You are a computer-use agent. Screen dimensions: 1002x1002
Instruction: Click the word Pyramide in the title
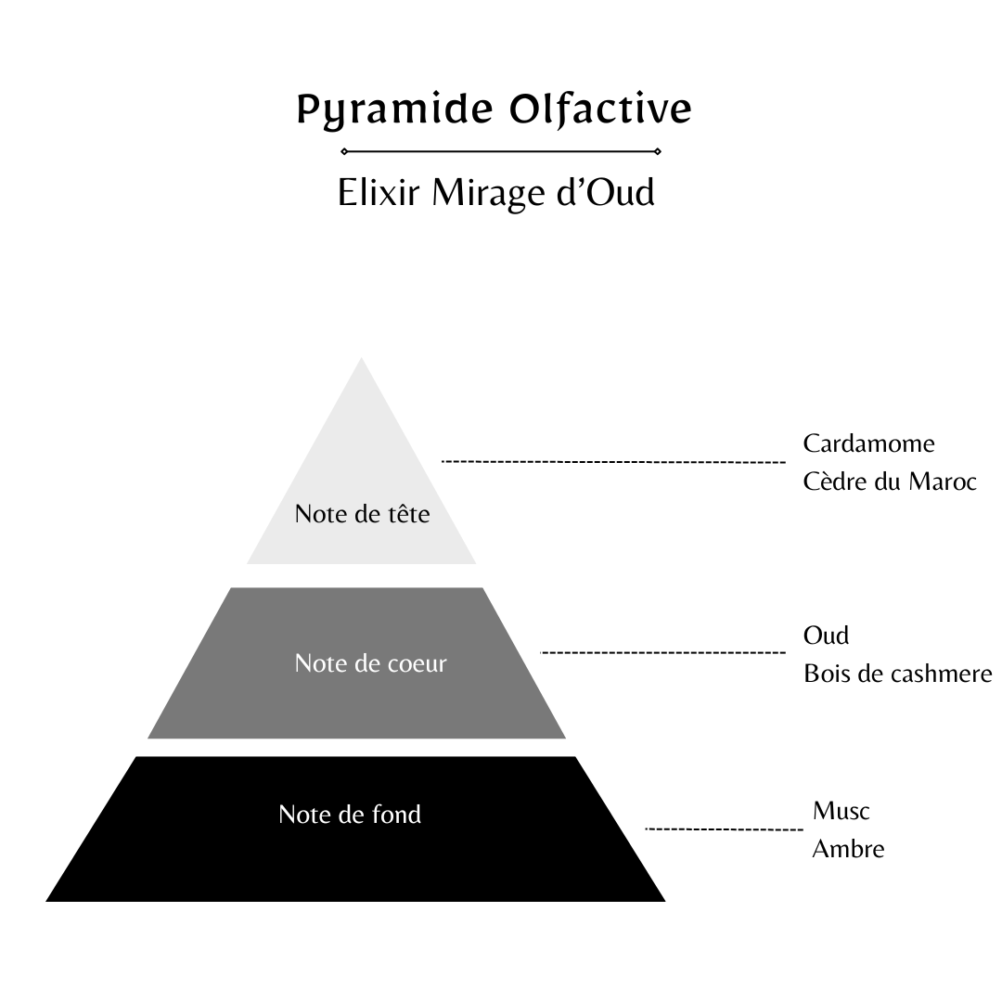pyautogui.click(x=394, y=109)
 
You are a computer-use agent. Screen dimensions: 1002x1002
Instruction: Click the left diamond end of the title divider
pyautogui.click(x=344, y=150)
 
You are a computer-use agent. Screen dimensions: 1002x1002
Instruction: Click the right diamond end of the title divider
pyautogui.click(x=658, y=150)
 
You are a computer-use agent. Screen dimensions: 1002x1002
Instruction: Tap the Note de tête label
pyautogui.click(x=362, y=513)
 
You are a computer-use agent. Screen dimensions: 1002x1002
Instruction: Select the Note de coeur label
pyautogui.click(x=370, y=663)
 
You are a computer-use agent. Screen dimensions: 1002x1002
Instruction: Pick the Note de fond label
pyautogui.click(x=350, y=814)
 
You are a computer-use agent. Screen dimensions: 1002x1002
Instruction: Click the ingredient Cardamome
pyautogui.click(x=868, y=443)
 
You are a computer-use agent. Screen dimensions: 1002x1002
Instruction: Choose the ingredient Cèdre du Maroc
pyautogui.click(x=890, y=482)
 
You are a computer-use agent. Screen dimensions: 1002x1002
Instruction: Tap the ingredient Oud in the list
pyautogui.click(x=826, y=636)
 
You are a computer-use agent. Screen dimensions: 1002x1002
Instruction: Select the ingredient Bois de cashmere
pyautogui.click(x=897, y=674)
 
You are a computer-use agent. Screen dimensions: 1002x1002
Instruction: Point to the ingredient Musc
pyautogui.click(x=841, y=810)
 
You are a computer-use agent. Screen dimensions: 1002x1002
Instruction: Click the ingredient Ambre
pyautogui.click(x=848, y=848)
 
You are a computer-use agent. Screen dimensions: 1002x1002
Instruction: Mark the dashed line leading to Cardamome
pyautogui.click(x=613, y=461)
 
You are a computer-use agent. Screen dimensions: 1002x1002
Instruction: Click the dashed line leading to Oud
pyautogui.click(x=662, y=653)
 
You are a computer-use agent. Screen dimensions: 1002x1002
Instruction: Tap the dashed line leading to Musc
pyautogui.click(x=724, y=829)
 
